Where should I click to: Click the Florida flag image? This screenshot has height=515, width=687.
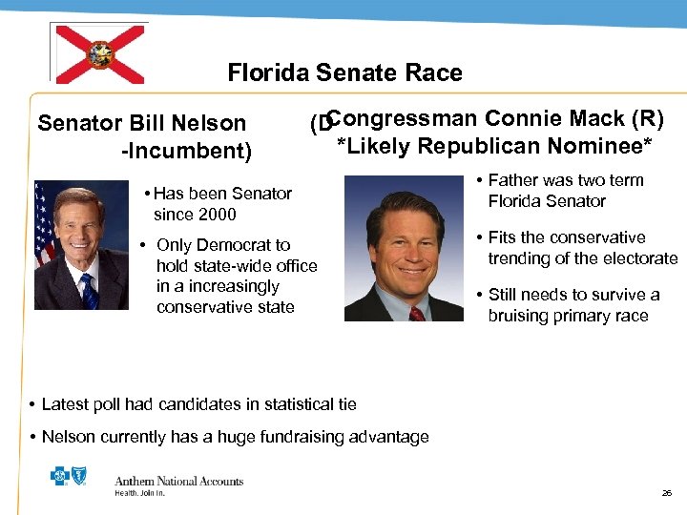point(98,53)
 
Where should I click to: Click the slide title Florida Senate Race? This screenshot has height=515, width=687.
point(344,73)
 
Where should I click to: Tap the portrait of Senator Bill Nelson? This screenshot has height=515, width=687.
point(81,245)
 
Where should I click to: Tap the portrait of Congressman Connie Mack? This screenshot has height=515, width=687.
point(404,249)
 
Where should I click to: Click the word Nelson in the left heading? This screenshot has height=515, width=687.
point(216,123)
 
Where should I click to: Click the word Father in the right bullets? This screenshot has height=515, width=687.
point(515,180)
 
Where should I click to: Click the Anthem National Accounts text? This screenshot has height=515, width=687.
point(178,482)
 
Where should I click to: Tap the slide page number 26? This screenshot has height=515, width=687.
point(667,493)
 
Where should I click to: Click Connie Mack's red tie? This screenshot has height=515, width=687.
point(417,312)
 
